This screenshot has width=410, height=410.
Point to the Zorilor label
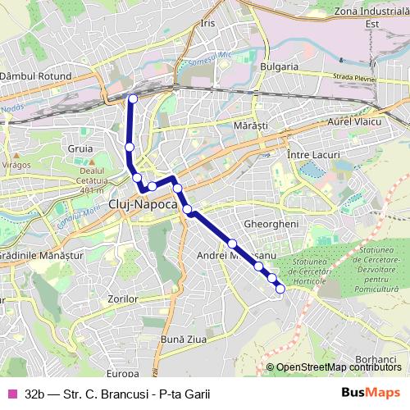point(122,299)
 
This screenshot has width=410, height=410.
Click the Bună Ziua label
point(180,338)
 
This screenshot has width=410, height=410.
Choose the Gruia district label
point(81,149)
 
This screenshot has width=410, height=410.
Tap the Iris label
point(207,23)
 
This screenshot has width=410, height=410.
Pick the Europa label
point(123,373)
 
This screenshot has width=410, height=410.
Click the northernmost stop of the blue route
point(133,99)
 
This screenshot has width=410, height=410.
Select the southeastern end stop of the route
point(280,288)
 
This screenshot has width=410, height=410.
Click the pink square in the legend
point(11,394)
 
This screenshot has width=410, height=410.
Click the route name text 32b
point(34,394)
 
